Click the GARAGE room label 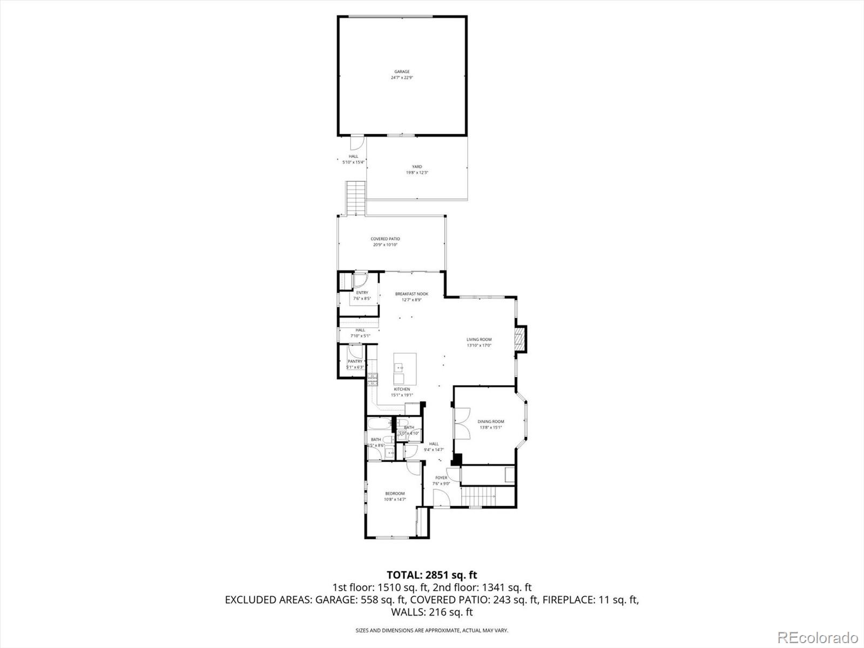[401, 72]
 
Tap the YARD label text [417, 167]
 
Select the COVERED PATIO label [385, 239]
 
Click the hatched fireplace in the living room [520, 339]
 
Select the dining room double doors [461, 425]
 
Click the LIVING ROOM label [479, 340]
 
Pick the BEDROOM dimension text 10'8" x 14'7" [395, 500]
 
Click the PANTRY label [355, 361]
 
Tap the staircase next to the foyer [478, 496]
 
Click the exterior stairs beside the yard [356, 198]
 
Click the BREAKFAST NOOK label [411, 294]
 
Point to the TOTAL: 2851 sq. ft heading [431, 575]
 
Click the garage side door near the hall [356, 142]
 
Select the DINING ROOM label [490, 422]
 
